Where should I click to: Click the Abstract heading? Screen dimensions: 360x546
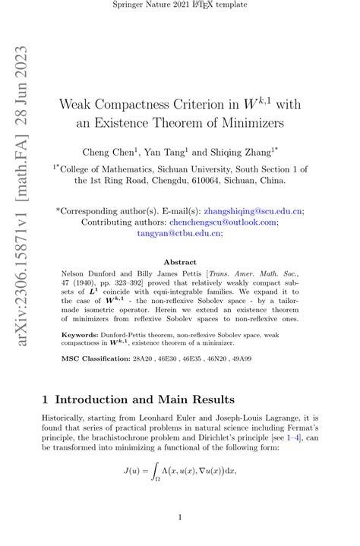pyautogui.click(x=180, y=261)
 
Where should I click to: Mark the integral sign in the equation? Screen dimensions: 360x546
pyautogui.click(x=158, y=472)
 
